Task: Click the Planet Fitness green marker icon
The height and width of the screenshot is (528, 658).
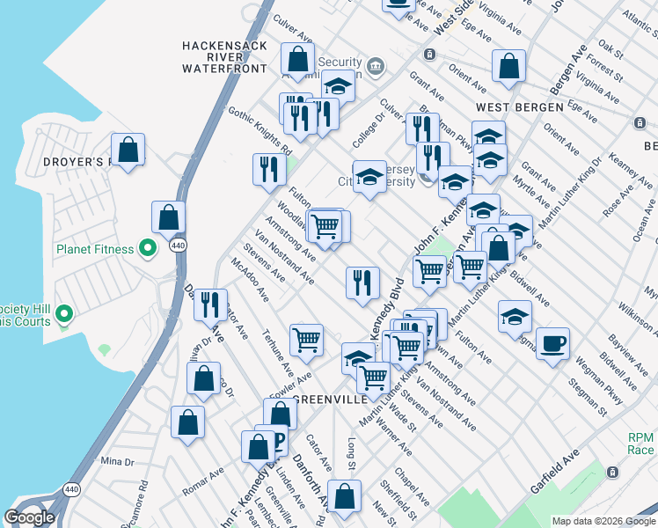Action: pyautogui.click(x=148, y=249)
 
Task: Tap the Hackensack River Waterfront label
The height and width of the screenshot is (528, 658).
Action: pyautogui.click(x=224, y=56)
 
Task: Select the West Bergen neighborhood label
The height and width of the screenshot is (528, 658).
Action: pyautogui.click(x=519, y=106)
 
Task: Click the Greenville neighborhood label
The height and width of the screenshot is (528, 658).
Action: pyautogui.click(x=328, y=400)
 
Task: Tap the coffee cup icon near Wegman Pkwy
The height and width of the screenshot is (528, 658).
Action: pyautogui.click(x=552, y=342)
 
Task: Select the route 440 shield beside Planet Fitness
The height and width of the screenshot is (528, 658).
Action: pyautogui.click(x=179, y=246)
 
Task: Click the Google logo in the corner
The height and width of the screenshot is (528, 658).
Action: pyautogui.click(x=29, y=517)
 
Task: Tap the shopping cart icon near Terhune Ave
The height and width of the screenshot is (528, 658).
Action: pyautogui.click(x=306, y=339)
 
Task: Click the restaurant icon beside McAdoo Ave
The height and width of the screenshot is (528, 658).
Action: pyautogui.click(x=209, y=304)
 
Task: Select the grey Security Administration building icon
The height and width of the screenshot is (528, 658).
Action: pyautogui.click(x=376, y=65)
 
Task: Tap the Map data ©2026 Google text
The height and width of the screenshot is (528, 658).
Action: pyautogui.click(x=603, y=521)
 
